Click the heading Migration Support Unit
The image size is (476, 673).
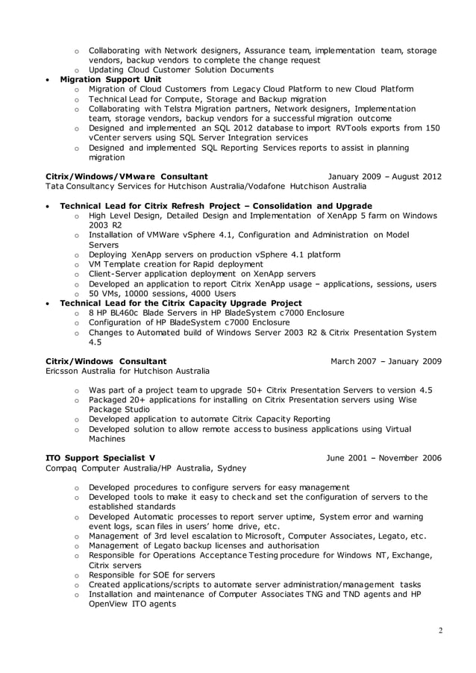[110, 79]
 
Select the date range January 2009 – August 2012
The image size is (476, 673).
[384, 176]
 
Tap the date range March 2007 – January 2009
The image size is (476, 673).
[386, 361]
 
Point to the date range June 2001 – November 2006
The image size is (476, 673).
[383, 458]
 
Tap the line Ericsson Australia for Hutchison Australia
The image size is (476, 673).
[128, 371]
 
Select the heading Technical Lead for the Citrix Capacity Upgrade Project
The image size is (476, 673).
[181, 303]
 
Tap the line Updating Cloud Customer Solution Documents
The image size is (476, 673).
[181, 69]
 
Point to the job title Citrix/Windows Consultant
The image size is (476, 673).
[106, 361]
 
